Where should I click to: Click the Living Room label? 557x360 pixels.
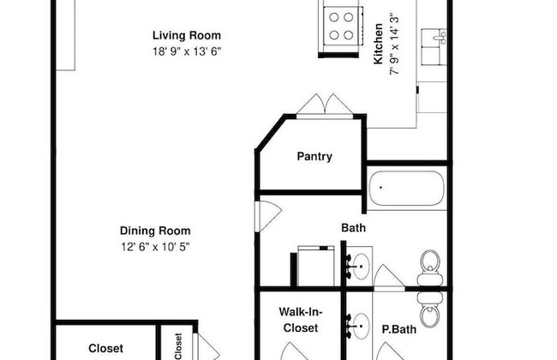coord(187,35)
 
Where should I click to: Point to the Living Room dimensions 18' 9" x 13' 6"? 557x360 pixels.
coord(187,51)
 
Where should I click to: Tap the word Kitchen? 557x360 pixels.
coord(378,44)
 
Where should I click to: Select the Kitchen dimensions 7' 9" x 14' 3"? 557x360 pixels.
coord(394,45)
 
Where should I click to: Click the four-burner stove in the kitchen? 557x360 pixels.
coord(341,26)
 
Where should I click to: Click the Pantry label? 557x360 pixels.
coord(314,156)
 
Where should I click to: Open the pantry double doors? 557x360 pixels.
coord(325,105)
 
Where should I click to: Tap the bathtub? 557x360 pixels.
coord(407,189)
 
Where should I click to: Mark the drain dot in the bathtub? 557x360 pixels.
coord(380,187)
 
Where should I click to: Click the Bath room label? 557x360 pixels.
coord(353,228)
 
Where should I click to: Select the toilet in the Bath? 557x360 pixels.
coord(430,267)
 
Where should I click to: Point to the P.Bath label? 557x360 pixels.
coord(399,329)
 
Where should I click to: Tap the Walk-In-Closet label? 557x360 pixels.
coord(301,320)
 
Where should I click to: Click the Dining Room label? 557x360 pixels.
coord(155,231)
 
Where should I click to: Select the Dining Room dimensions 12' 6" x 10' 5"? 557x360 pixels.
coord(155,247)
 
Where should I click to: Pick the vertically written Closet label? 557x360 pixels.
coord(178,346)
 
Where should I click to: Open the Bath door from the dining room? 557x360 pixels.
coord(269,216)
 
